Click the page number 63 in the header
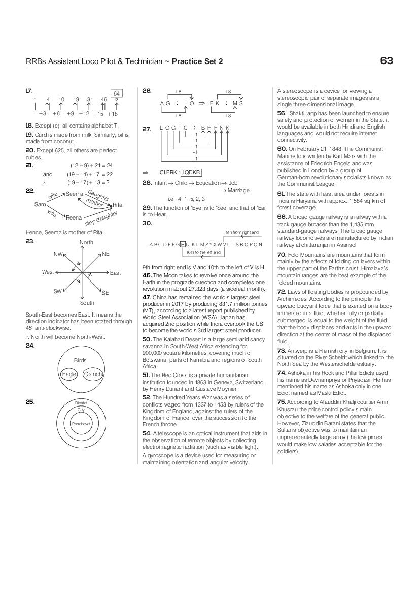(386, 61)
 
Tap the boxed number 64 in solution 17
(116, 93)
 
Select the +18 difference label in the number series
(112, 114)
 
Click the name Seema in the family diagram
(74, 194)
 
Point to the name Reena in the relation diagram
(74, 217)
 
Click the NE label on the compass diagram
(106, 254)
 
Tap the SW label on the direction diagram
(57, 291)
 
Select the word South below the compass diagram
(87, 303)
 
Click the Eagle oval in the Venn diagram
(68, 374)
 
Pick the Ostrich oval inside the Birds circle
(93, 374)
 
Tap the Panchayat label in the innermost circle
(81, 423)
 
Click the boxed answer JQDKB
(191, 172)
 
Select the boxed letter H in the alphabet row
(183, 244)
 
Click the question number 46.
(147, 275)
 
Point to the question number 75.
(282, 402)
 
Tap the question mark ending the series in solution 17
(116, 100)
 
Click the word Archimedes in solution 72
(293, 299)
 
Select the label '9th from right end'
(242, 232)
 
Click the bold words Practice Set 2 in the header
(197, 62)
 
